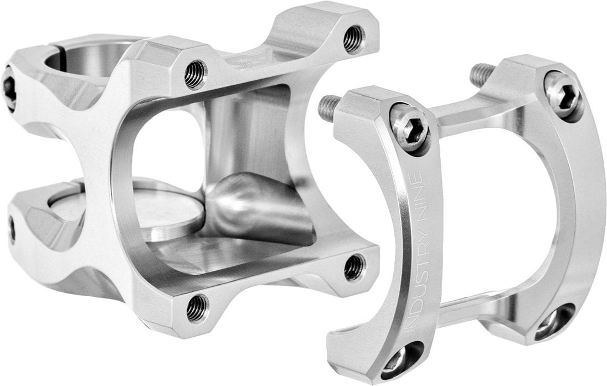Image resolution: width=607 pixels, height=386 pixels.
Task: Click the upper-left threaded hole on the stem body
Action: (x=196, y=75)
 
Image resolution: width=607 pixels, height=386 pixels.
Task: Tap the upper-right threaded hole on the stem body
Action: (x=353, y=39)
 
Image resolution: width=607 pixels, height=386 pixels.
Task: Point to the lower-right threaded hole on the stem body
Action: (x=354, y=267)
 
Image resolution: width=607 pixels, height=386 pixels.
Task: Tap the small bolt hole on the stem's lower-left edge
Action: (x=12, y=229)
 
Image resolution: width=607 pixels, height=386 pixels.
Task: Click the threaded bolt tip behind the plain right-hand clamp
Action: (x=482, y=75)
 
